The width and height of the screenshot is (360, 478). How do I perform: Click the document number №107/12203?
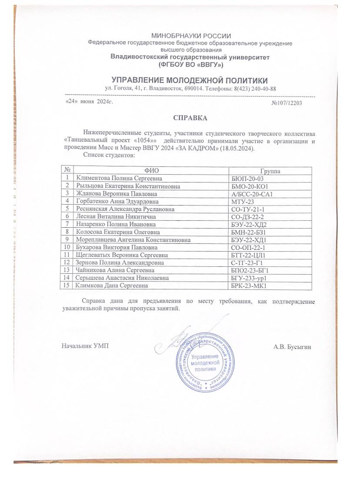tap(286, 103)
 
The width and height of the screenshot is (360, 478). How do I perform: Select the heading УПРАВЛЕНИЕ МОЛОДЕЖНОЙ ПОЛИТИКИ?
tap(190, 80)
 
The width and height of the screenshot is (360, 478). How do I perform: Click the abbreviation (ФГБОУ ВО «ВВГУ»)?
tap(190, 65)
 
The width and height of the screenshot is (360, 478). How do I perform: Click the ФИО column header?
tap(150, 171)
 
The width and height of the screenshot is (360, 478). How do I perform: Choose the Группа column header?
tap(270, 171)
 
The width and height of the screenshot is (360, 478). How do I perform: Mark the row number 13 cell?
tap(67, 270)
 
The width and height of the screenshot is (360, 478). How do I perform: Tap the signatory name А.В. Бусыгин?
tap(292, 347)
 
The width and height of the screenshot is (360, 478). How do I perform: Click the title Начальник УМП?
tap(84, 346)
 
